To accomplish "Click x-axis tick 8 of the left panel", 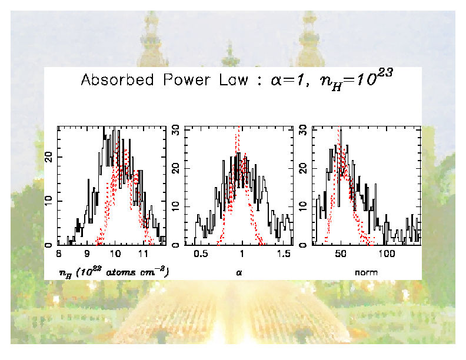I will click(59, 254).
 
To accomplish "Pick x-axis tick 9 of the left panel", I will click(86, 254).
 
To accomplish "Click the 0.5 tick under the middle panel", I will click(201, 254).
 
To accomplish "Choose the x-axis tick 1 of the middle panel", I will click(242, 254).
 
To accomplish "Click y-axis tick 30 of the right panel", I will click(304, 131).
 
